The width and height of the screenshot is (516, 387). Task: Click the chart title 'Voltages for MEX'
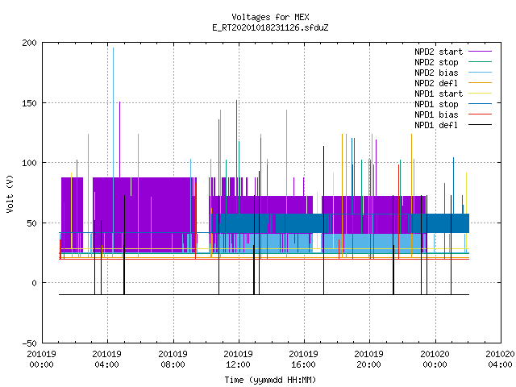pos(270,17)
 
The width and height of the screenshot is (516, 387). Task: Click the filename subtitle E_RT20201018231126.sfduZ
pos(270,27)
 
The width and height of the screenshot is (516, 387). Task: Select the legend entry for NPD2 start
pos(439,52)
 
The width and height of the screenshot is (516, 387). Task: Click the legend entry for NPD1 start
pos(439,94)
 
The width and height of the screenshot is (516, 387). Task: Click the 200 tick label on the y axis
pos(29,43)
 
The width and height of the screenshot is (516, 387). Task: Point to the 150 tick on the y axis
pos(29,103)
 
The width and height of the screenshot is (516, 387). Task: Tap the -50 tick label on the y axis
pos(29,343)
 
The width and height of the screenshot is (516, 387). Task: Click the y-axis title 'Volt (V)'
pos(10,193)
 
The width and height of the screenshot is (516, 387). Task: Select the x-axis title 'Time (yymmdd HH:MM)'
pos(270,380)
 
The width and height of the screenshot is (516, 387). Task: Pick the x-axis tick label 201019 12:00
pos(239,360)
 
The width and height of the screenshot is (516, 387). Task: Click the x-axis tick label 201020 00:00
pos(435,360)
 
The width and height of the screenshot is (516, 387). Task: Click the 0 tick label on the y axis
pos(34,283)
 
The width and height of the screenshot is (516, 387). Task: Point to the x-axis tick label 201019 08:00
pos(173,360)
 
